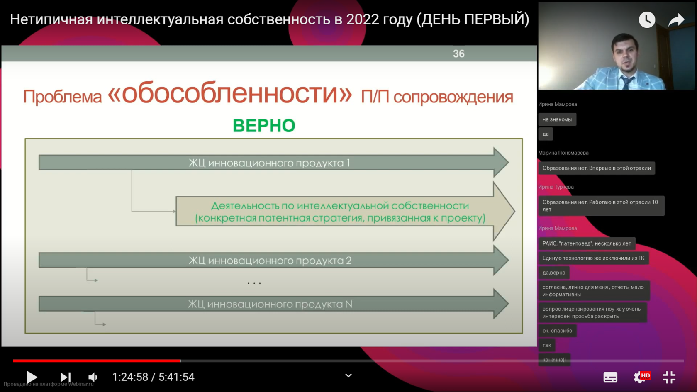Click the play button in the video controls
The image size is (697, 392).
click(32, 377)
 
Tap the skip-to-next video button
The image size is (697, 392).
click(66, 377)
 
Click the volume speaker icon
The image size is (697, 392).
click(93, 377)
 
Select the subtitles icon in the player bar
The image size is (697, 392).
click(610, 377)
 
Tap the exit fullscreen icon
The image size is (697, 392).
click(669, 377)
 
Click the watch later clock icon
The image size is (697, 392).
click(647, 19)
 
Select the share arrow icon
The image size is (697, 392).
click(676, 20)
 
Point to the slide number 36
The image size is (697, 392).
click(459, 54)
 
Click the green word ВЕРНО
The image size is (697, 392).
click(264, 126)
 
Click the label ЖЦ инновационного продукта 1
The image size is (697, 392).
click(270, 163)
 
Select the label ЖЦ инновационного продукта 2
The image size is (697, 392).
click(270, 261)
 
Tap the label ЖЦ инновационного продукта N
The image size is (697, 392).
click(270, 304)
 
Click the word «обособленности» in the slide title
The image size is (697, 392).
click(230, 94)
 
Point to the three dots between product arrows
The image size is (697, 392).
click(254, 283)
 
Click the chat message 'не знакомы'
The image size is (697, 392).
click(557, 119)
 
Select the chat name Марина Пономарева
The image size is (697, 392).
click(563, 153)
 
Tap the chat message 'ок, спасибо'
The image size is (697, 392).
click(557, 331)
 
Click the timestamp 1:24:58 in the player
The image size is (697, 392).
click(130, 377)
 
